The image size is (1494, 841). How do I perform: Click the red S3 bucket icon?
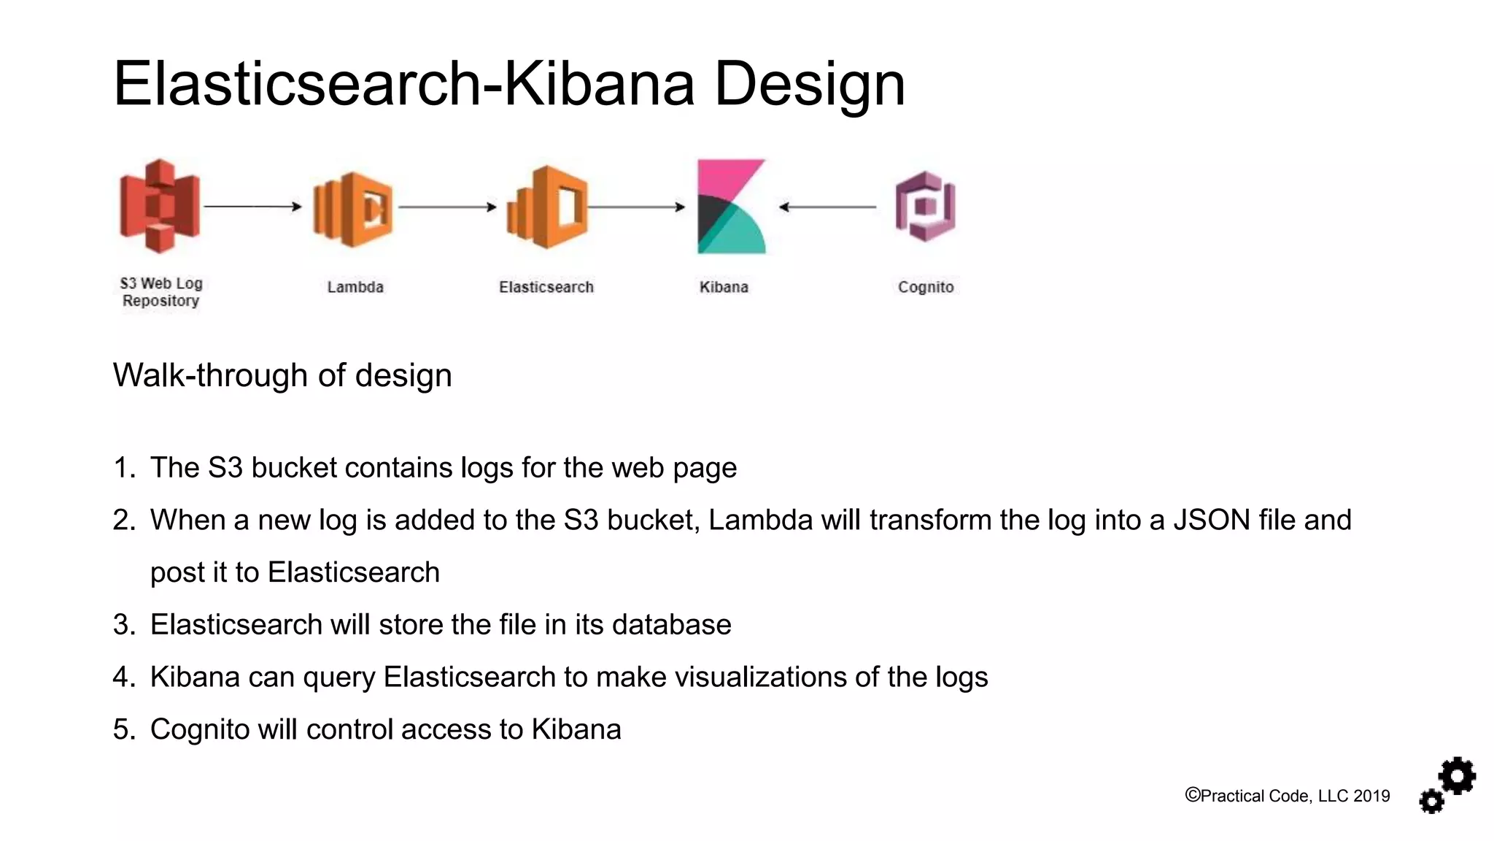(x=160, y=207)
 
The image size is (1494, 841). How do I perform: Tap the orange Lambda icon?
(x=353, y=209)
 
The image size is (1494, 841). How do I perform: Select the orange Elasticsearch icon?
(x=547, y=207)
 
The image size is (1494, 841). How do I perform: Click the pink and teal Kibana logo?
(x=731, y=207)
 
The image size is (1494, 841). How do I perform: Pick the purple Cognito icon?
(x=925, y=207)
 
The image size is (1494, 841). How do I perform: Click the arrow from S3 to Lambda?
(x=252, y=207)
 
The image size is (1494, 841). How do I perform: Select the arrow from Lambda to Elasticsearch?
(x=447, y=207)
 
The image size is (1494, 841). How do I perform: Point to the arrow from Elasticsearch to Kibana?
(x=636, y=207)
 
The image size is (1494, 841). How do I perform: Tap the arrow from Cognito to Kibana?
(x=828, y=207)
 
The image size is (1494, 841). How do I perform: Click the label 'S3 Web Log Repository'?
(x=161, y=292)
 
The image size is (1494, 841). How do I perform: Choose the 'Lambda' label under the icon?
(x=355, y=287)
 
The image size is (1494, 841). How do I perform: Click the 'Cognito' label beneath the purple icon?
(x=926, y=287)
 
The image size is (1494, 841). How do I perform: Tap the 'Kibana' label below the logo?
(x=724, y=287)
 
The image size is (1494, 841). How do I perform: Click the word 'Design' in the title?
(x=809, y=84)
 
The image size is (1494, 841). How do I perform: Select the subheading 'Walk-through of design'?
(x=282, y=375)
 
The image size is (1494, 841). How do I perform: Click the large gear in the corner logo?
(x=1458, y=776)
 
